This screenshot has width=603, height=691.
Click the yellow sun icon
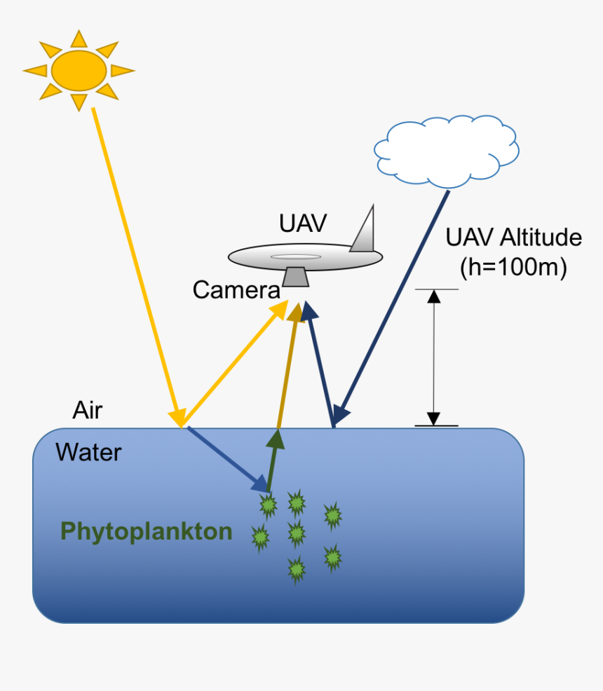tap(79, 69)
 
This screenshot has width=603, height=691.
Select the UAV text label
tap(303, 224)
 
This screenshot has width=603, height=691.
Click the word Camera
tap(236, 289)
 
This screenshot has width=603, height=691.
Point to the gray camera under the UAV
tap(297, 276)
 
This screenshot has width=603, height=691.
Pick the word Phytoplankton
tap(147, 531)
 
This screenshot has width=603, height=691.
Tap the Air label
tap(88, 410)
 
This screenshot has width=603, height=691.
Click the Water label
tap(88, 452)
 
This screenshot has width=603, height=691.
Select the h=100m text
tap(513, 267)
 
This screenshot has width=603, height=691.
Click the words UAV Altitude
tap(513, 238)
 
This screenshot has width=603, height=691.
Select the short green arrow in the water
tap(273, 460)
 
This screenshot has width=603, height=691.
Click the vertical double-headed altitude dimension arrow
tap(434, 357)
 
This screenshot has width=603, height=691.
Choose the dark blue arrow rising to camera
tap(319, 364)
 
